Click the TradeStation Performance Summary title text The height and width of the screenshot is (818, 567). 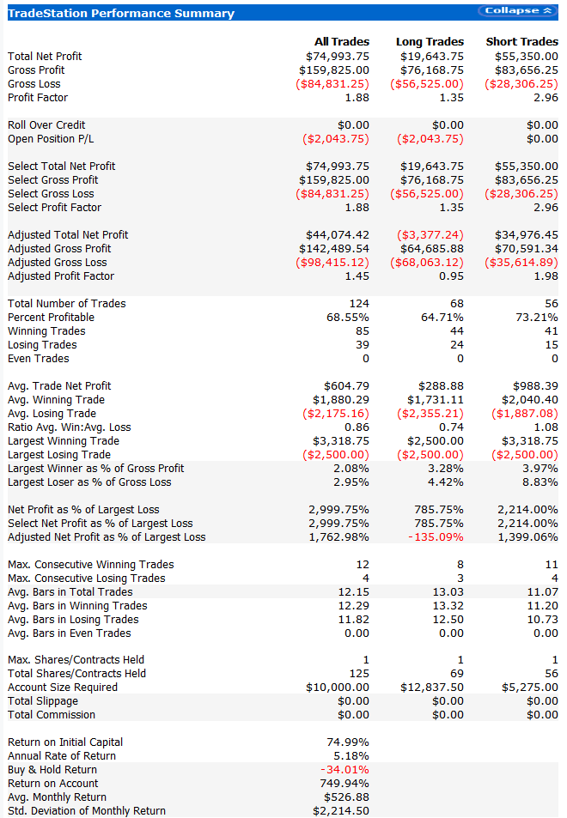click(x=120, y=13)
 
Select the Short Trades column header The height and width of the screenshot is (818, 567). click(x=521, y=41)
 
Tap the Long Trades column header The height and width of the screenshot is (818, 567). click(x=430, y=41)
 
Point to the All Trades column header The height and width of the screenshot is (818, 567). click(x=342, y=41)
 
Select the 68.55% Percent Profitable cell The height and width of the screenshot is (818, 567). click(x=346, y=318)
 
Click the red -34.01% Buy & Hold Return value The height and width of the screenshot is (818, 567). click(x=345, y=770)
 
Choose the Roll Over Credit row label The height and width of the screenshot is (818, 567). click(x=46, y=125)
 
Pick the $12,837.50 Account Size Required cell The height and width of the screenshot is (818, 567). click(x=432, y=688)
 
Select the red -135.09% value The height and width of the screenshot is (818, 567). click(x=438, y=537)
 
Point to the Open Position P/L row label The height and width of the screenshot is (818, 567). click(x=51, y=139)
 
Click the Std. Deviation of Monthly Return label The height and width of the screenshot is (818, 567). click(x=87, y=811)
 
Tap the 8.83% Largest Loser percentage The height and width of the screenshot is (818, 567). click(x=540, y=482)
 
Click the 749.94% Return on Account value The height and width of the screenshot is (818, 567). click(x=345, y=784)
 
